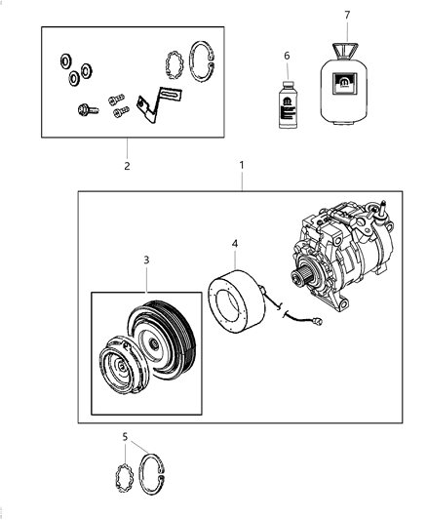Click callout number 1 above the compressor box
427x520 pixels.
[x=241, y=167]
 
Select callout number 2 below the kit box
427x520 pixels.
[x=127, y=165]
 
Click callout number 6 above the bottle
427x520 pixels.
[x=287, y=56]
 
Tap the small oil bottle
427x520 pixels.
[x=288, y=105]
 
